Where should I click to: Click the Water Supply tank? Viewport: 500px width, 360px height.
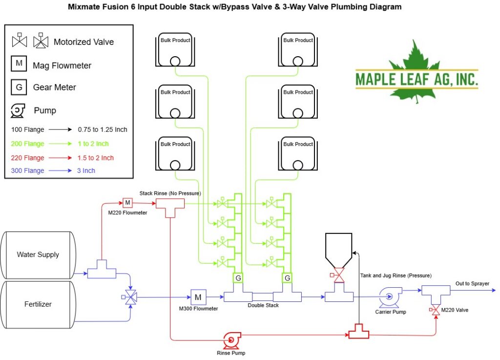(38, 255)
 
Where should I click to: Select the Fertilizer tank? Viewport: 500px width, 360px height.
(38, 304)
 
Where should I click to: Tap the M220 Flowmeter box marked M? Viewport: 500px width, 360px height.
(127, 203)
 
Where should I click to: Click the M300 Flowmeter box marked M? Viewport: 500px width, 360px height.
(198, 297)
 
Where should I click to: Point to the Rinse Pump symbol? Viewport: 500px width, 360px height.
(231, 340)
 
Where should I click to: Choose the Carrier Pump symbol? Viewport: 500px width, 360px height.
(390, 296)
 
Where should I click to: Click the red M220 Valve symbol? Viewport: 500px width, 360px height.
(435, 310)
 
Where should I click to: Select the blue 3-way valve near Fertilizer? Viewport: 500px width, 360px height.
(130, 297)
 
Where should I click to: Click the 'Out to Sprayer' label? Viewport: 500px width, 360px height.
(472, 283)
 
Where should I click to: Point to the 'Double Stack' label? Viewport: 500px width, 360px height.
(263, 305)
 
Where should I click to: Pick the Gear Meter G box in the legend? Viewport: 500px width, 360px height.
(19, 87)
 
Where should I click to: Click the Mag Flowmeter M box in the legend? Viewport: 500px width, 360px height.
(19, 64)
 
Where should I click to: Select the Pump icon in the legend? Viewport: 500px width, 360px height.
(18, 111)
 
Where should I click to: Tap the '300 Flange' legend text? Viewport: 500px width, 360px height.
(27, 170)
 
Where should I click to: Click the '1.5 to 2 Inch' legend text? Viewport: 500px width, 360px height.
(95, 158)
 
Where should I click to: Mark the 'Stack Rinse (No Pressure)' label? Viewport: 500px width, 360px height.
(170, 193)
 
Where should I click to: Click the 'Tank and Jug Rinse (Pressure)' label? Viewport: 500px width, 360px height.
(396, 275)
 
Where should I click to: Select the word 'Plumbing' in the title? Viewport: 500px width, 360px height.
(349, 7)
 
